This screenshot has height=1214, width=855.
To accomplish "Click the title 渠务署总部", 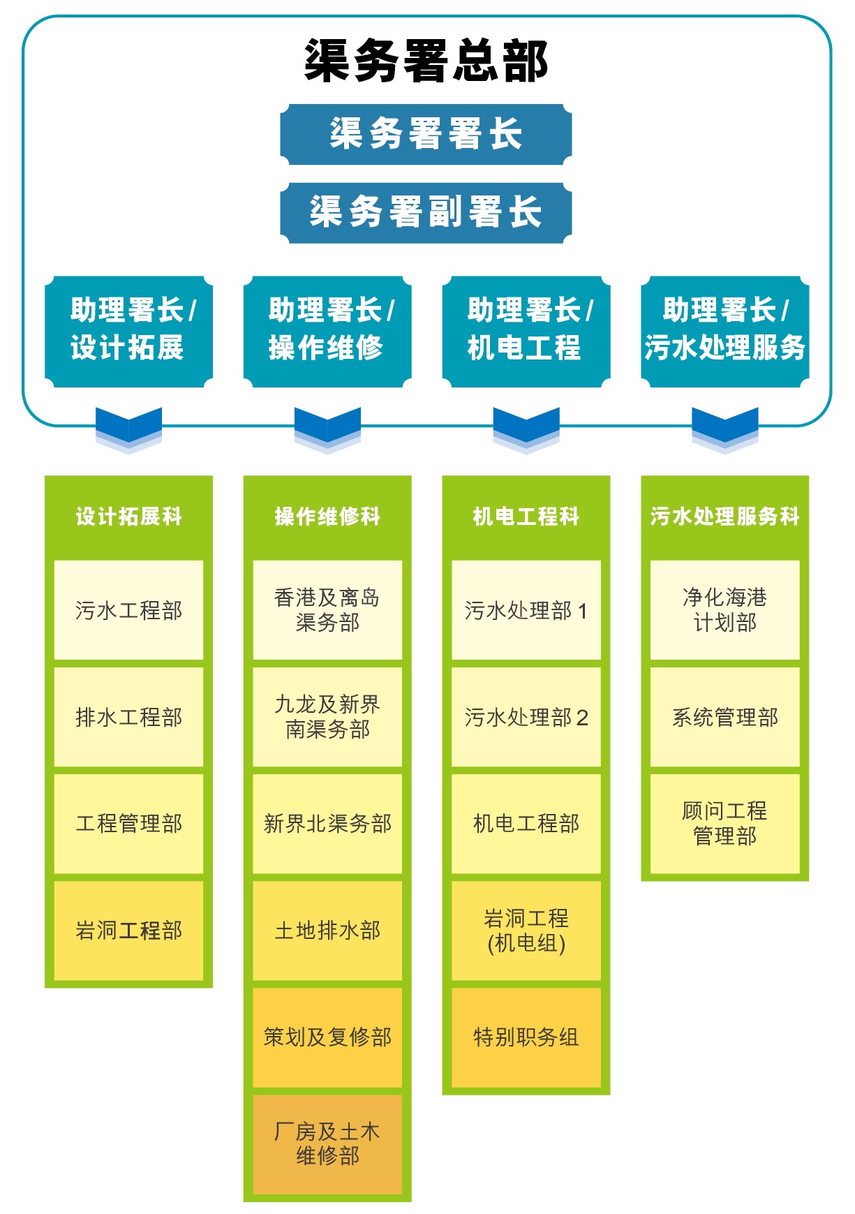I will coord(426,61).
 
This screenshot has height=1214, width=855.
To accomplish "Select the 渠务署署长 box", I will coord(426,134).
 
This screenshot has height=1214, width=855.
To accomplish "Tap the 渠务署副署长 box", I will coord(426,212).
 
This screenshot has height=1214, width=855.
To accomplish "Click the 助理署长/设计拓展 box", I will coord(128,331).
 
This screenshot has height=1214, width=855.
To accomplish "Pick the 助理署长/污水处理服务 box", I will coord(724,331).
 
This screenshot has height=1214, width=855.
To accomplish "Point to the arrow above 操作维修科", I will coord(327,428).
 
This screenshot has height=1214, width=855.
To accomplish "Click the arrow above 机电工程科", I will coord(526,428).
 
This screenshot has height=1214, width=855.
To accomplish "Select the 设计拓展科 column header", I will coord(128,517).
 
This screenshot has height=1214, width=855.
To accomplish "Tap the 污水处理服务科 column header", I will coord(724,517).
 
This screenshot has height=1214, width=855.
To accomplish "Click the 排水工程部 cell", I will coord(128,717).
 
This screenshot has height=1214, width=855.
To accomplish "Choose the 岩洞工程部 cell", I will coord(128,930).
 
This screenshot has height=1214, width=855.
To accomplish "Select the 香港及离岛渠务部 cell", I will coord(327,609).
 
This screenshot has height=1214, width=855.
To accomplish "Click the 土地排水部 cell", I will coord(327,930).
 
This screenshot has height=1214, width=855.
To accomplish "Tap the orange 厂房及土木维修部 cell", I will coord(327,1143).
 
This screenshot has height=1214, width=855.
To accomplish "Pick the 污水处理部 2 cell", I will coord(526,717).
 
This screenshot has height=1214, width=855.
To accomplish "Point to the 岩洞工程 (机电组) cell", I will coord(526,930).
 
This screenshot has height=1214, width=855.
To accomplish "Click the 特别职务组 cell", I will coord(526,1037).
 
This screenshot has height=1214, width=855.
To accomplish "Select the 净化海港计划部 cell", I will coord(724,609).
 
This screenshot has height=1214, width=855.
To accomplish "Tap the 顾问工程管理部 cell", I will coord(724,823).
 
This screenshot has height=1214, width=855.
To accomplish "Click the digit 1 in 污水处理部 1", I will coord(583,611).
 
